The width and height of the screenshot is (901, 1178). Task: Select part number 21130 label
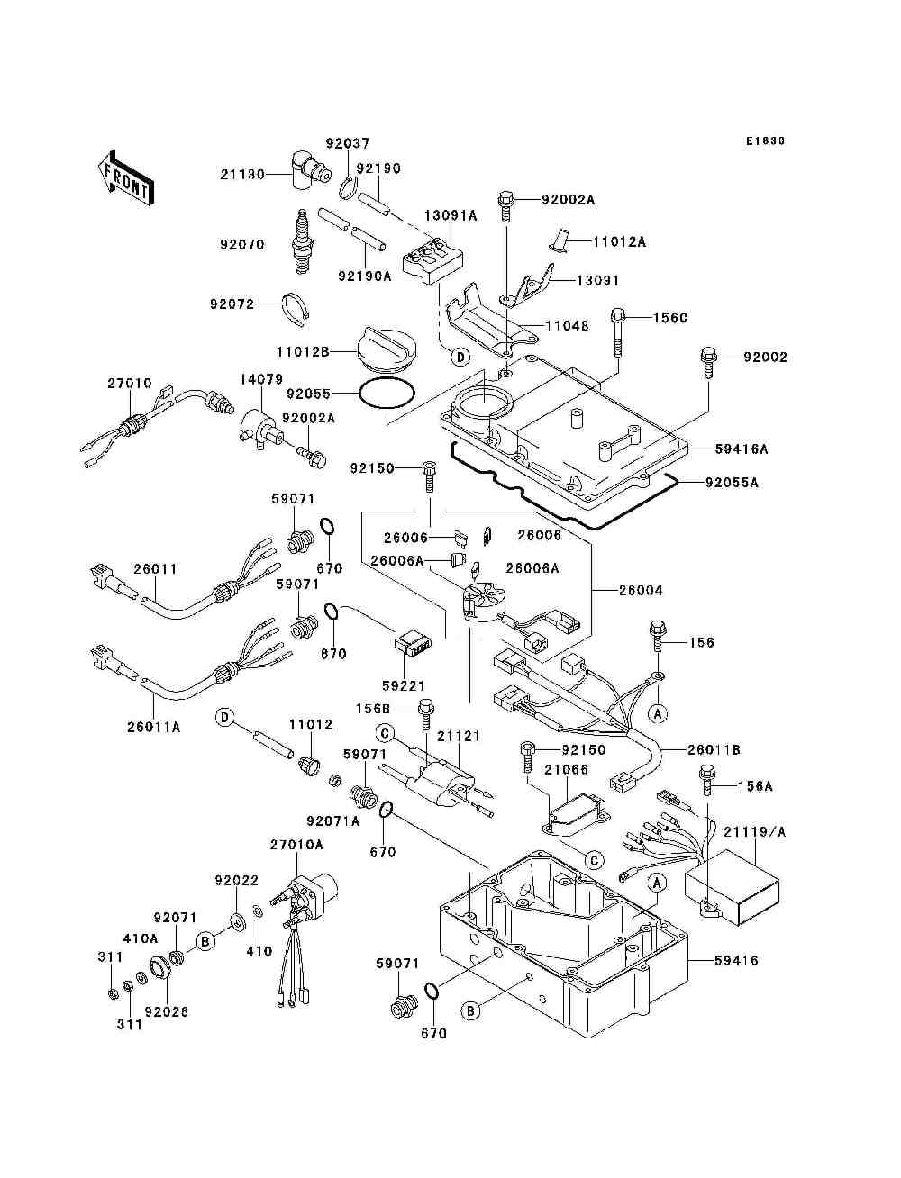pyautogui.click(x=242, y=175)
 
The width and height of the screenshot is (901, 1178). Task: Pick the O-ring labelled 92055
pyautogui.click(x=387, y=394)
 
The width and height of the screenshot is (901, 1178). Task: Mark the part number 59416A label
pyautogui.click(x=742, y=449)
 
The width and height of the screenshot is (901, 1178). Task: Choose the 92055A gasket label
pyautogui.click(x=732, y=483)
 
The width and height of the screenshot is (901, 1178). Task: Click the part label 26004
pyautogui.click(x=641, y=591)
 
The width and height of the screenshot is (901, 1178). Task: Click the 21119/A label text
pyautogui.click(x=754, y=832)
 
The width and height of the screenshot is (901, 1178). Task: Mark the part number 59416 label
pyautogui.click(x=736, y=961)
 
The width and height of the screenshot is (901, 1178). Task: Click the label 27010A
pyautogui.click(x=296, y=845)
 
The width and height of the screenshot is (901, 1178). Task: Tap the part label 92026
pyautogui.click(x=166, y=1011)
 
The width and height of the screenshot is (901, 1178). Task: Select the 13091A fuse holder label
pyautogui.click(x=451, y=216)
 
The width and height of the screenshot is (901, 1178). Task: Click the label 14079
pyautogui.click(x=261, y=381)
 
